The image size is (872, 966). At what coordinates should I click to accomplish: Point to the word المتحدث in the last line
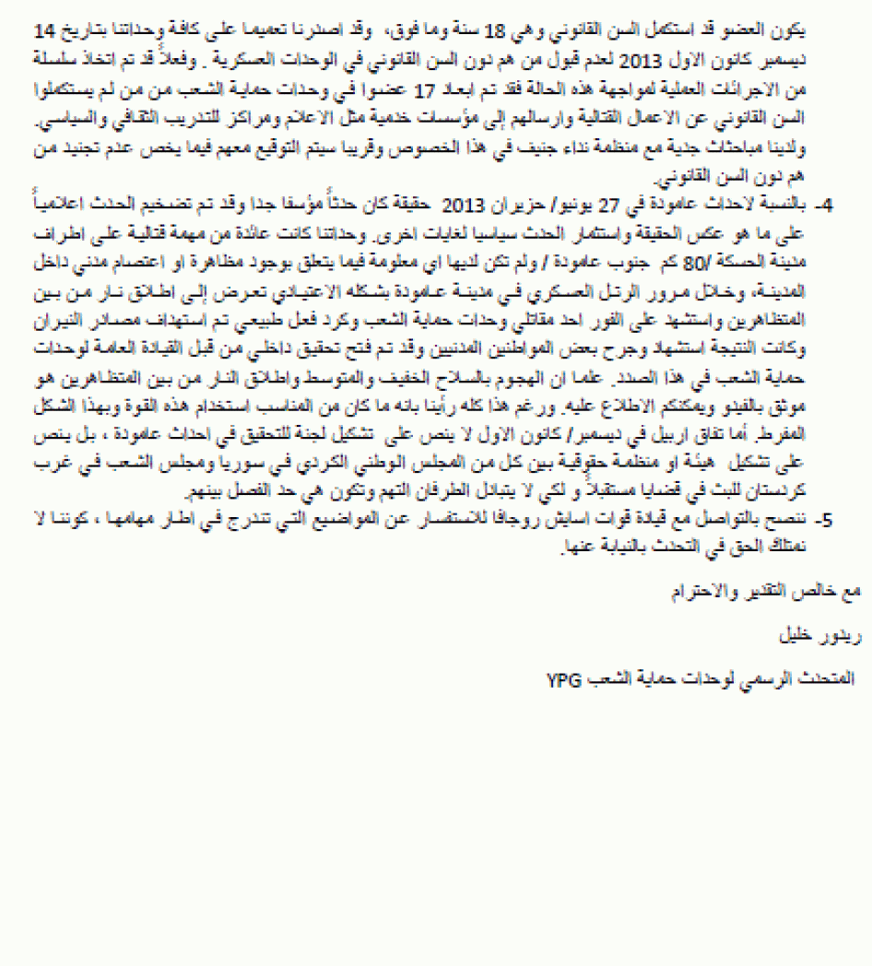826,680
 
